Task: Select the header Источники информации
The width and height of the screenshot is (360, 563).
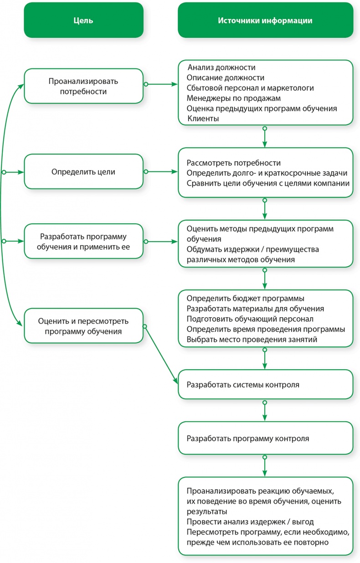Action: point(265,21)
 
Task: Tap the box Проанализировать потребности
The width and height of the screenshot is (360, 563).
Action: point(83,86)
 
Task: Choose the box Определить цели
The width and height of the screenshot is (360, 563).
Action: point(83,172)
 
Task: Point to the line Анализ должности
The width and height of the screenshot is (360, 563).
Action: point(218,67)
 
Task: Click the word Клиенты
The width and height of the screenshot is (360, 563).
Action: point(203,119)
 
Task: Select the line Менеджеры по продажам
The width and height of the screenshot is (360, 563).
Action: point(233,98)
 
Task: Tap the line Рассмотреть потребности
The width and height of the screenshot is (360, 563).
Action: point(233,163)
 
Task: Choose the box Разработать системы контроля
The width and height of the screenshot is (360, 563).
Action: point(265,384)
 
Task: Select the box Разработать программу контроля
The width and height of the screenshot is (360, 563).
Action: point(265,439)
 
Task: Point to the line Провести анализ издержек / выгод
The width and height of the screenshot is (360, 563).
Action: point(250,522)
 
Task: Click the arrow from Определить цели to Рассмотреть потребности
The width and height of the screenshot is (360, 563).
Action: point(161,172)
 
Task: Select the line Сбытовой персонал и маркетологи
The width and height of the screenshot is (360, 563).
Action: point(250,88)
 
